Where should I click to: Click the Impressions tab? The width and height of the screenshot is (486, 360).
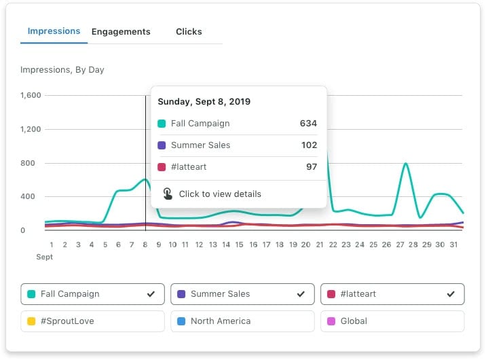54,31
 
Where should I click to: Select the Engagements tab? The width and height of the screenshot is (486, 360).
121,32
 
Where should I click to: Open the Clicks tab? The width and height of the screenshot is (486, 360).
189,32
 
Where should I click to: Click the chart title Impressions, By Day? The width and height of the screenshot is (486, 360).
62,70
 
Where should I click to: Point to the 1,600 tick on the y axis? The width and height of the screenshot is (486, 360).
31,96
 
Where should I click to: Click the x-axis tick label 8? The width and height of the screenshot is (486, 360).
145,245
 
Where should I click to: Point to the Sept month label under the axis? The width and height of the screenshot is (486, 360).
45,258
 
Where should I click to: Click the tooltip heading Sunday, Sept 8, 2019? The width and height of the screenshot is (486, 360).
204,102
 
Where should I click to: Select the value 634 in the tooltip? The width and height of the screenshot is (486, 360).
308,124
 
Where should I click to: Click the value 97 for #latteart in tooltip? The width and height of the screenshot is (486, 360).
311,167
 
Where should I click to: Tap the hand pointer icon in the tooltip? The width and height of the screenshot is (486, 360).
168,194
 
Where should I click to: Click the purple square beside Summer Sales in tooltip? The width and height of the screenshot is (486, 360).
162,145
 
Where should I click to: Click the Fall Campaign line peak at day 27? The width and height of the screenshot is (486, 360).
405,164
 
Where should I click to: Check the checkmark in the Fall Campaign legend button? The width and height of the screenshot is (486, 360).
151,294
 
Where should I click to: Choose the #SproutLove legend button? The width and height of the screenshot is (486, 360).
92,321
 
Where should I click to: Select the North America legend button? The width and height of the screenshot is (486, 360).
242,321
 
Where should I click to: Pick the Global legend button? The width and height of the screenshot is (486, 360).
392,321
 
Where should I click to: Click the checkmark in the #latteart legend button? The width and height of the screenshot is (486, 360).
450,294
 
